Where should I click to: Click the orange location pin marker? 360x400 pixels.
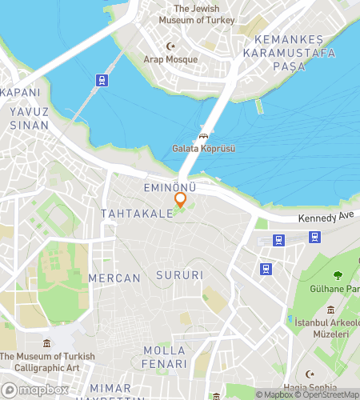[181, 199]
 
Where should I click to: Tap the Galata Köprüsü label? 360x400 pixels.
[203, 149]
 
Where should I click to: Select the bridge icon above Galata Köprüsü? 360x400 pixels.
[203, 137]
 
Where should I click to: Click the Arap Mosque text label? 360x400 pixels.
[170, 59]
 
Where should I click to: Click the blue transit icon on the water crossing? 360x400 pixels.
[102, 80]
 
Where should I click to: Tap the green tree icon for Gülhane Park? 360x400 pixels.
[337, 276]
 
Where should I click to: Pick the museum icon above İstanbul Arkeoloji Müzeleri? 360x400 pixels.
[330, 310]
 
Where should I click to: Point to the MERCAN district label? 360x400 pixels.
[114, 278]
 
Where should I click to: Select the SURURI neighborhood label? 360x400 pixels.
[180, 275]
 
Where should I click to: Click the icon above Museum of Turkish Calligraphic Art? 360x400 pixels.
[47, 344]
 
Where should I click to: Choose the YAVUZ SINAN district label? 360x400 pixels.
[30, 118]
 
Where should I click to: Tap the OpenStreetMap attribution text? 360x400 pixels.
[330, 394]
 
